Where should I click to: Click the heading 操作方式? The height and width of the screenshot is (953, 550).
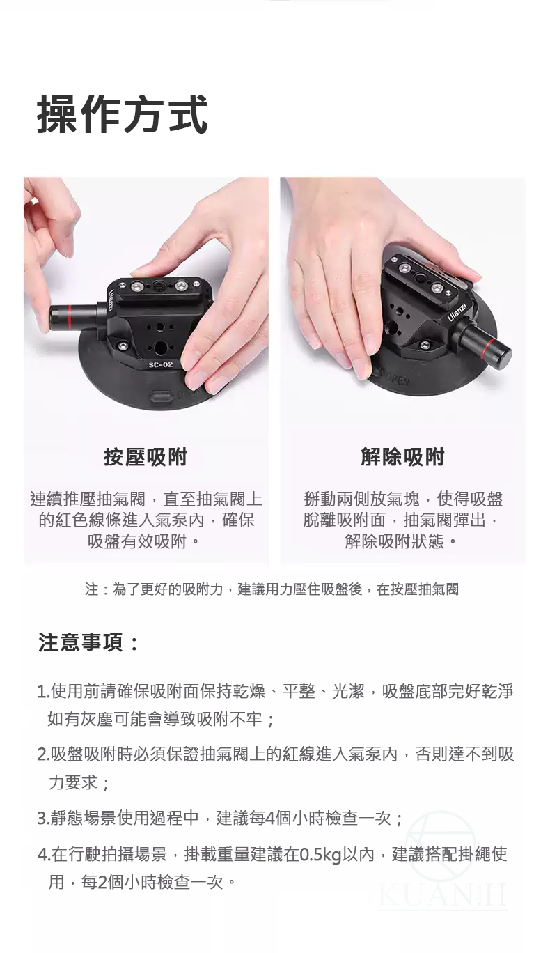pyautogui.click(x=123, y=114)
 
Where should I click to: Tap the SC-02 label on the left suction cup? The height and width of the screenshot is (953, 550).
pyautogui.click(x=161, y=364)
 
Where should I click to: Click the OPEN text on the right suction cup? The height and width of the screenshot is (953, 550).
pyautogui.click(x=397, y=380)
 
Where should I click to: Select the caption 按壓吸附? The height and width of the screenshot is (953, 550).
pyautogui.click(x=146, y=457)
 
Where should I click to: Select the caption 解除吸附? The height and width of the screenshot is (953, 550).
pyautogui.click(x=402, y=457)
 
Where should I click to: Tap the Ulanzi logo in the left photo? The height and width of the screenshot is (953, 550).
pyautogui.click(x=111, y=300)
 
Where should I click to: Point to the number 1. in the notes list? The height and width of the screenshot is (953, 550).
pyautogui.click(x=43, y=692)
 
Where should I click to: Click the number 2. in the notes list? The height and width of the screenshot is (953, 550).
pyautogui.click(x=43, y=754)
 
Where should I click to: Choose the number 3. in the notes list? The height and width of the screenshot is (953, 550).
pyautogui.click(x=43, y=818)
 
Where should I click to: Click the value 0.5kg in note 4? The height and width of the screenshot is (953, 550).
pyautogui.click(x=321, y=855)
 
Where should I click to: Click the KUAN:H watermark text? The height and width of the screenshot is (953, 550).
pyautogui.click(x=443, y=896)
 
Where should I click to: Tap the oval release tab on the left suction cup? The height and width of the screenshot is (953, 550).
pyautogui.click(x=161, y=398)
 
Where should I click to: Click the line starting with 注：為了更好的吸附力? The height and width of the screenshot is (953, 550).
pyautogui.click(x=272, y=589)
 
